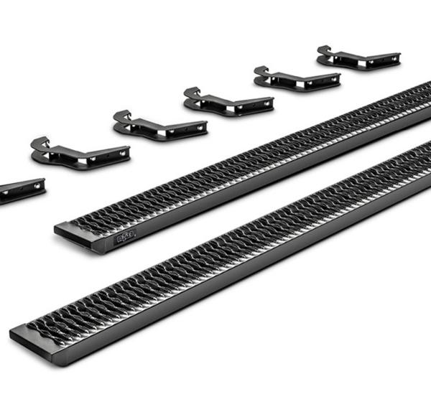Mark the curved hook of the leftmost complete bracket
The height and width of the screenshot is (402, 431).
click(x=39, y=144)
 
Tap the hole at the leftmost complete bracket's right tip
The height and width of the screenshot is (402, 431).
click(x=123, y=152)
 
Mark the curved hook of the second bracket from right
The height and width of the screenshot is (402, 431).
click(x=261, y=72)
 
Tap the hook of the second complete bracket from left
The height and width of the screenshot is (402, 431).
click(x=121, y=116)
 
